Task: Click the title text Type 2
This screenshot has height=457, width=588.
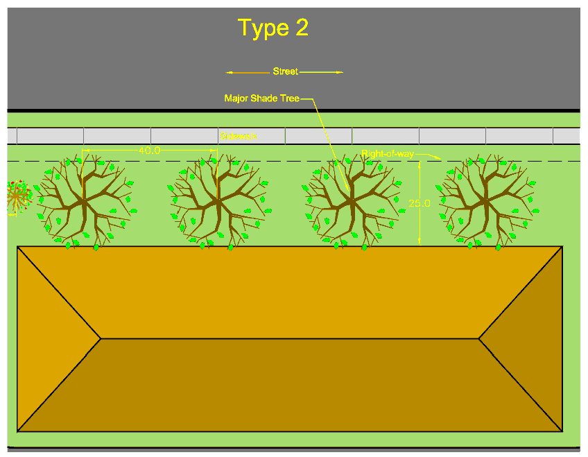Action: (273, 28)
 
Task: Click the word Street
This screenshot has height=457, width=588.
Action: (285, 71)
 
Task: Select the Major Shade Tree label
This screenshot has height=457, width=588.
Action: (261, 98)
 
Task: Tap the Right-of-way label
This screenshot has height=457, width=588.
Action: (387, 153)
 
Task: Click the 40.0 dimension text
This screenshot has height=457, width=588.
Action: (149, 150)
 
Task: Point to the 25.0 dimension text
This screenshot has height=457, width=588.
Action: (420, 204)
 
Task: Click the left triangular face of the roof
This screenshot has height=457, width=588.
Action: (52, 338)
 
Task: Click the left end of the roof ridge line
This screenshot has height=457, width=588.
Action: (101, 338)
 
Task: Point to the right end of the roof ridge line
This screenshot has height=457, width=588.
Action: (479, 338)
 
